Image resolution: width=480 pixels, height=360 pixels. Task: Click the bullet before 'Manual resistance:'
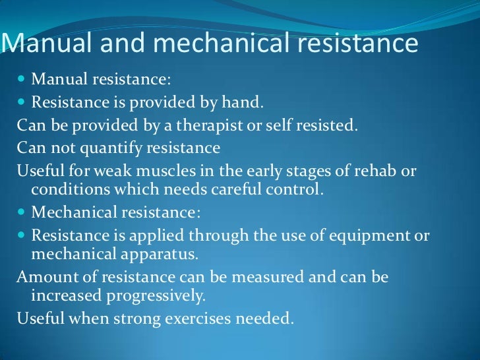coord(22,80)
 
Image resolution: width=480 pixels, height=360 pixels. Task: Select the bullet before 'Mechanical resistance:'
coord(22,213)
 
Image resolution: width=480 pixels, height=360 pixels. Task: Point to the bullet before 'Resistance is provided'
coord(22,103)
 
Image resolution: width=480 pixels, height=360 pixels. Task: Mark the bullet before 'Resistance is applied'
coord(22,235)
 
